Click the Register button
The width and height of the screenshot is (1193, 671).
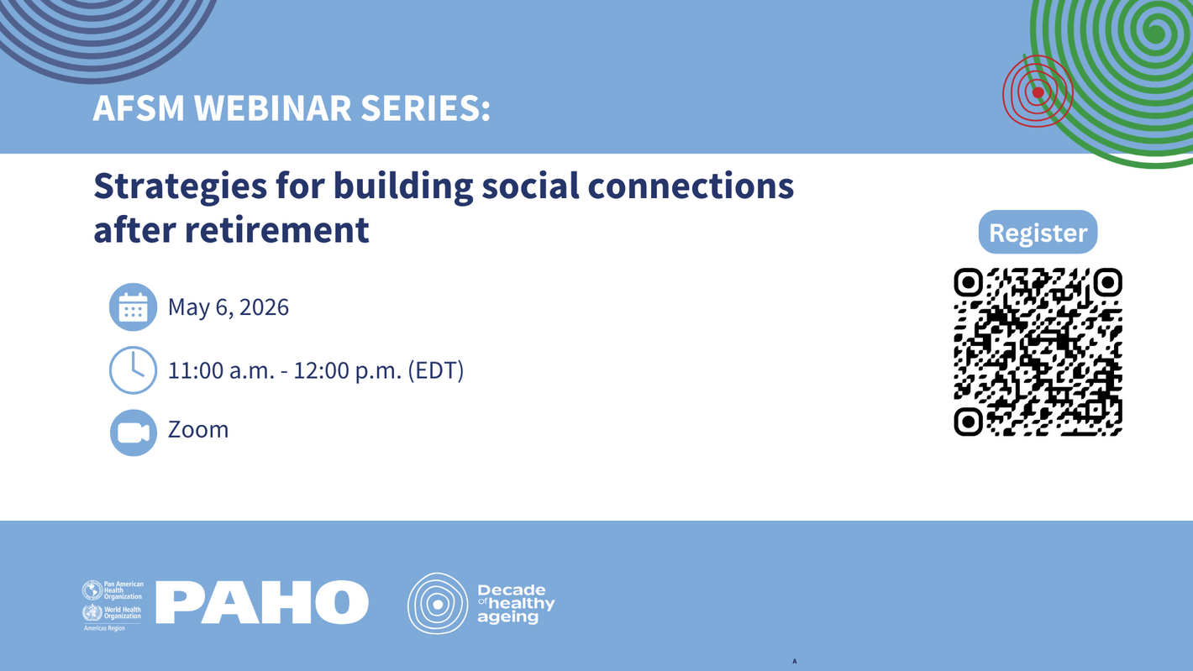[x=1038, y=232]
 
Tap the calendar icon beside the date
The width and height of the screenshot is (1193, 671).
[x=133, y=307]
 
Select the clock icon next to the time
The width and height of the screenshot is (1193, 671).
[x=133, y=370]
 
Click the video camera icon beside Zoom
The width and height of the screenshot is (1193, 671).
[x=133, y=432]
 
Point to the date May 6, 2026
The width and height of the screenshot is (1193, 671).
[x=229, y=307]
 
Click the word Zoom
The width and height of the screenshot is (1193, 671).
[x=198, y=429]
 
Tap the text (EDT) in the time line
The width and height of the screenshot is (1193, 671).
[x=436, y=370]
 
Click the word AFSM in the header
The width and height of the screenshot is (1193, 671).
[x=139, y=108]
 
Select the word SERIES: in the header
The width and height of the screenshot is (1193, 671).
[x=426, y=108]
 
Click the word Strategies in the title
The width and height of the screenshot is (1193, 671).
[x=181, y=187]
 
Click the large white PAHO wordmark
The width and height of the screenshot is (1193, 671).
[x=262, y=602]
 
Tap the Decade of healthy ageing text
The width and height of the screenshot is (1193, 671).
[x=516, y=603]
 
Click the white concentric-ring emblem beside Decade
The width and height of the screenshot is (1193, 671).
[x=437, y=603]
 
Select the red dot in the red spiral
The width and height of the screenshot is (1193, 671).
[x=1038, y=92]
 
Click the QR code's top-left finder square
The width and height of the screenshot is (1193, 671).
[x=968, y=282]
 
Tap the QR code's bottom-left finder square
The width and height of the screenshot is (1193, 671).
[x=968, y=422]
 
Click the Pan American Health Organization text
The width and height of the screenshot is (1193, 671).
[x=123, y=590]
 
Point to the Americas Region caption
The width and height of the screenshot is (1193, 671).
[x=104, y=628]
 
